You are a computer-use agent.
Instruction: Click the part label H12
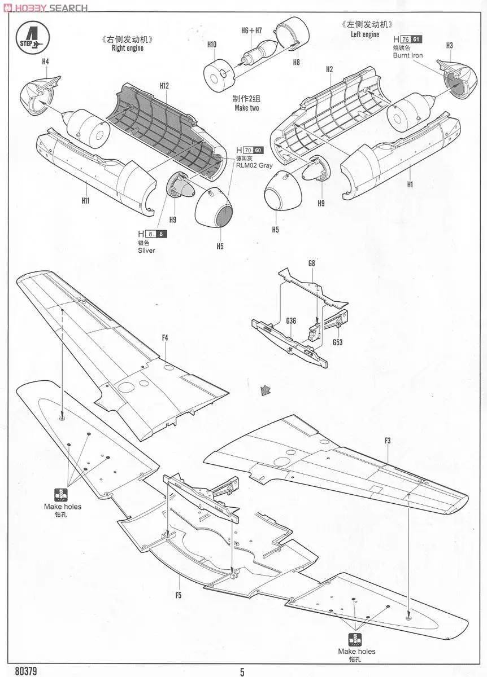164,86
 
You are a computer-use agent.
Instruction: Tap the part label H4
45,61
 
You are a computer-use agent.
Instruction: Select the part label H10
212,44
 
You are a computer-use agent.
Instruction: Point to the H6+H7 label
251,30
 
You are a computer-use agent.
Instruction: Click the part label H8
296,63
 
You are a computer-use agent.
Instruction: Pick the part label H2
329,69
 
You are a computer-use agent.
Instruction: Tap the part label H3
450,45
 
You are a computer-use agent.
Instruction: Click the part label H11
86,200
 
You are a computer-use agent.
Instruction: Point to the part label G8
311,263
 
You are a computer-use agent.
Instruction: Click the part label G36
291,321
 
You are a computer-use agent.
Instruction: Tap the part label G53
337,342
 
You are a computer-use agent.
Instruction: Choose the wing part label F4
165,338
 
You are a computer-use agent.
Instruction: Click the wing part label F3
388,441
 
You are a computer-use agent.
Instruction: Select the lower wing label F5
178,595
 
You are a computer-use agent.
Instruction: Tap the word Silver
146,250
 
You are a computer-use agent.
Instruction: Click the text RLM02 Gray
254,165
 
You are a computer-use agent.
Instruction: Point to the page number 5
242,671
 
